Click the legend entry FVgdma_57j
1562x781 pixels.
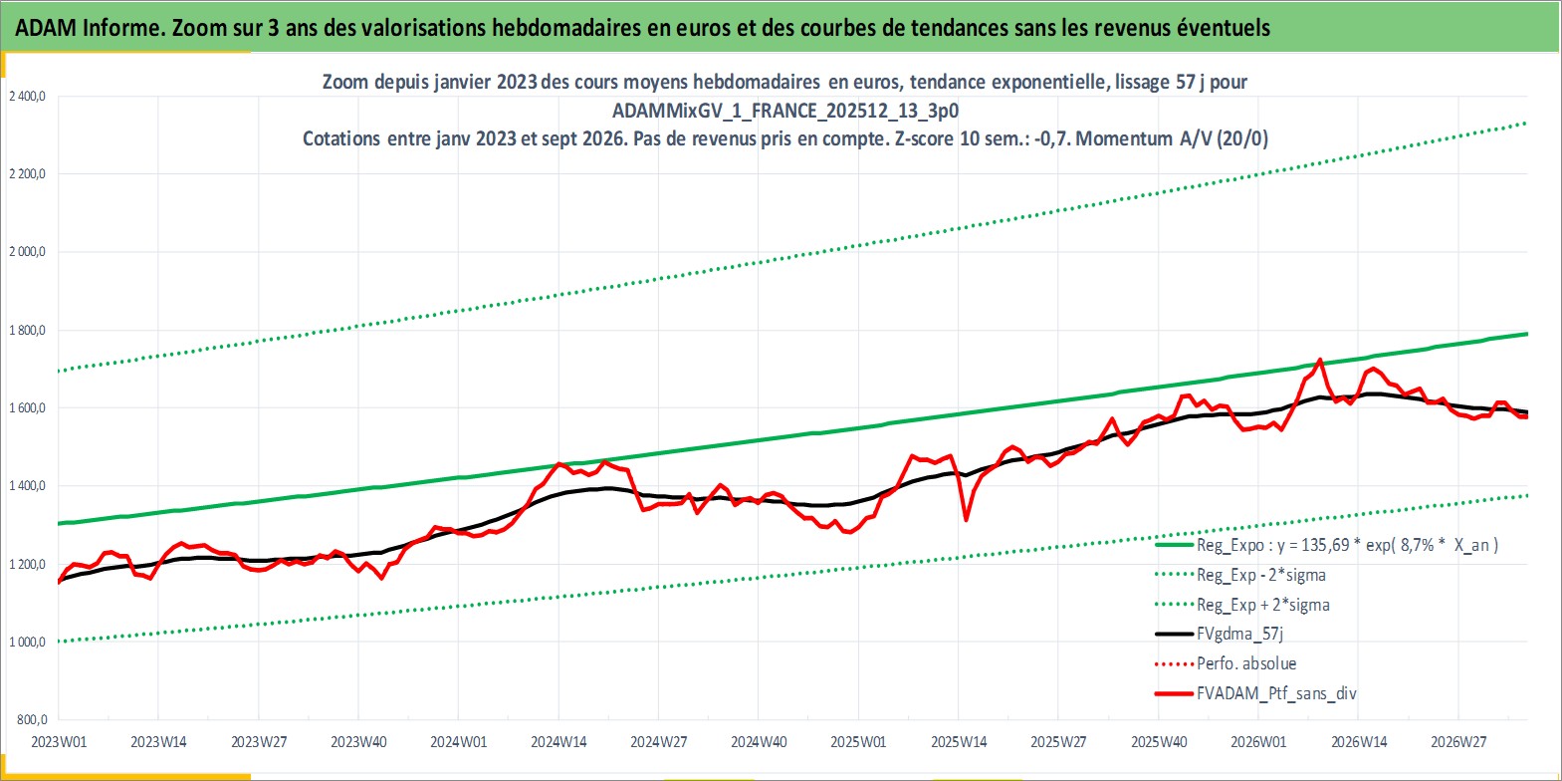coord(1239,634)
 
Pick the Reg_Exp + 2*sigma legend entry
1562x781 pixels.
coord(1263,605)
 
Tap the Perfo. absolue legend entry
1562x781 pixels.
coord(1246,663)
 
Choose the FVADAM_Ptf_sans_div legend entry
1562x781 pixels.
coord(1276,693)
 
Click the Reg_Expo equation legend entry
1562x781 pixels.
coord(1347,545)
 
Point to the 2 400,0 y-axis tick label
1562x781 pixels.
coord(27,97)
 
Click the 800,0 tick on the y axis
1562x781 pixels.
coord(32,719)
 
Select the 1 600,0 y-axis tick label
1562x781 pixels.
coord(27,407)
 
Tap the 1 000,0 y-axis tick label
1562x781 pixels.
coord(27,642)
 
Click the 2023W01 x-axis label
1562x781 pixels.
coord(60,741)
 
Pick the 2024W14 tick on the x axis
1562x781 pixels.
coord(558,741)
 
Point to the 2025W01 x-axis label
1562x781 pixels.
coord(858,741)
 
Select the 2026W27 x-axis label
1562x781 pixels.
coord(1458,741)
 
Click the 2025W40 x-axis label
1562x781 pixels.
coord(1158,741)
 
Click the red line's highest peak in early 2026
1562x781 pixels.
coord(1319,361)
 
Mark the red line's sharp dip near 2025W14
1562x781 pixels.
coord(966,519)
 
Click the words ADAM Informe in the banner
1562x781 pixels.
coord(90,27)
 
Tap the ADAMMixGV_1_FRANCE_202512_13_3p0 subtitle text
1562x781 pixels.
coord(785,111)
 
